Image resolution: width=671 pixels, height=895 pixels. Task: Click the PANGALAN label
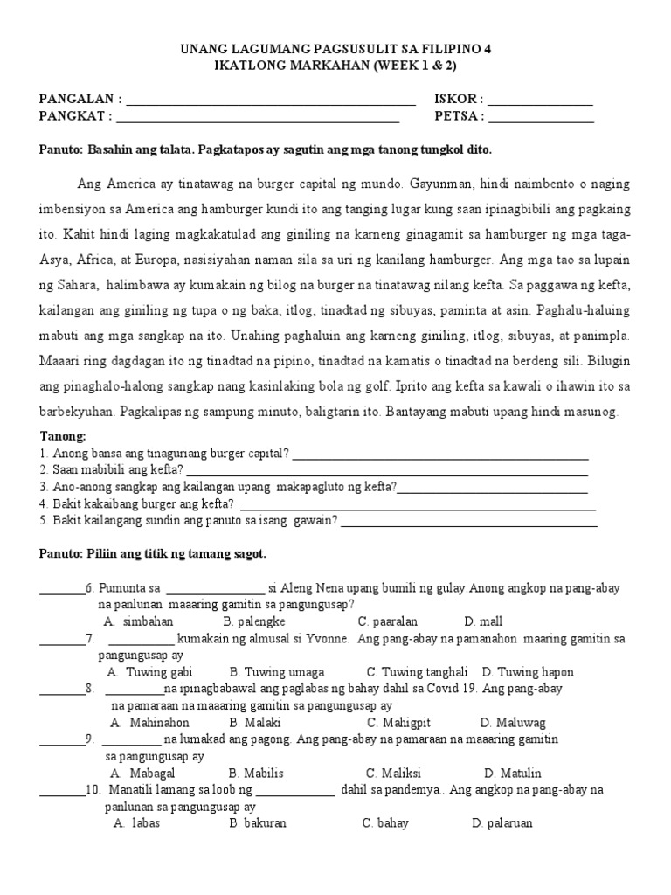point(76,100)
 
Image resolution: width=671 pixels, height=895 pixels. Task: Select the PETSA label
point(457,115)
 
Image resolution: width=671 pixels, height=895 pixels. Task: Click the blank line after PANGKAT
point(258,120)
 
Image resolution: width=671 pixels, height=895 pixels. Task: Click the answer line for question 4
point(417,508)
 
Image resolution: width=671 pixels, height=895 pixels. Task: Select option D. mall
point(483,621)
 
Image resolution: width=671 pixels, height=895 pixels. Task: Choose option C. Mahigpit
point(398,723)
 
